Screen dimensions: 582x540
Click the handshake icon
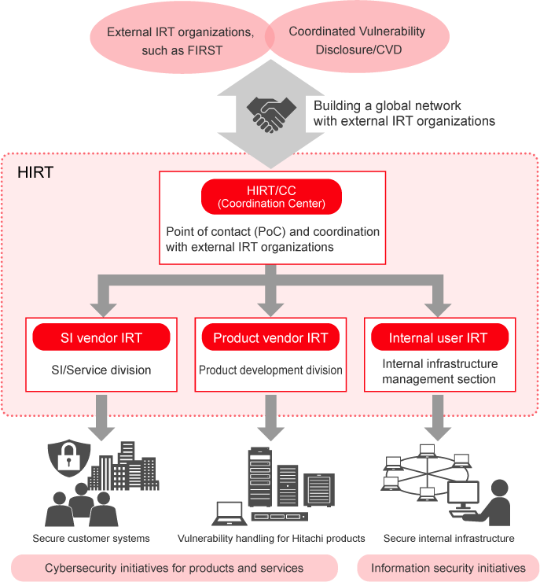[270, 115]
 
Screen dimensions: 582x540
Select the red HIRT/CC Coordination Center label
[272, 197]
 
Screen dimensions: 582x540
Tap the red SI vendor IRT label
[101, 338]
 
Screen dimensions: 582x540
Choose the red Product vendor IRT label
[270, 338]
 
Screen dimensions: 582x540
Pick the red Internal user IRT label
[438, 338]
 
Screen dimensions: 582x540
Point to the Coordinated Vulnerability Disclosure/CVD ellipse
[357, 41]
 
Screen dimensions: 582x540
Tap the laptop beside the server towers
[230, 514]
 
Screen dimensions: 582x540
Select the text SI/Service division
[101, 370]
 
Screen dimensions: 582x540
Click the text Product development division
[270, 370]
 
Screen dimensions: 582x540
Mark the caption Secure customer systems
[91, 539]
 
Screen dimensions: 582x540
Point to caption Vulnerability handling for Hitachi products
[271, 539]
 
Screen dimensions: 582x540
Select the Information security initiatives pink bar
[448, 567]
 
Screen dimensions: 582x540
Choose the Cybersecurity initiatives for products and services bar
[174, 567]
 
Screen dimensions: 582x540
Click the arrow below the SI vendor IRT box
[101, 417]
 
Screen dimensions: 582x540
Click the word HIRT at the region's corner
[35, 172]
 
